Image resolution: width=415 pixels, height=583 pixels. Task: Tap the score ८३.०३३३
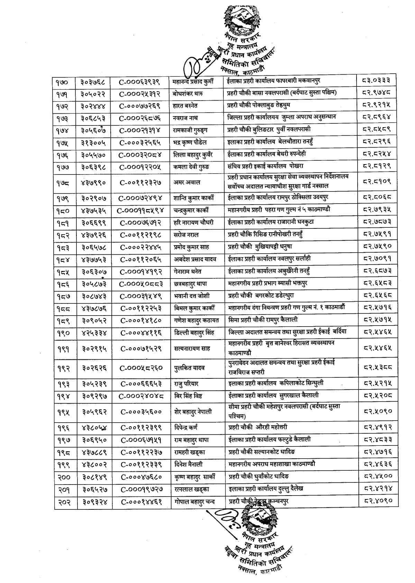click(377, 82)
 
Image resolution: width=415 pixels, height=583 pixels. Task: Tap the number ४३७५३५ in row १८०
click(94, 210)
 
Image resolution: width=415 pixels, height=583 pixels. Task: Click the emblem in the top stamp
click(240, 19)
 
